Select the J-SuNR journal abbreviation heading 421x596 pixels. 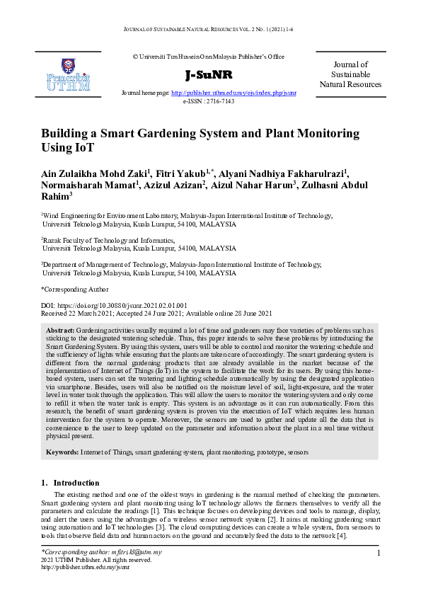point(209,76)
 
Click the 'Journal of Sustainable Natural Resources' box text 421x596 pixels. point(350,74)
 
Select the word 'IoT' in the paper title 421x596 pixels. point(83,149)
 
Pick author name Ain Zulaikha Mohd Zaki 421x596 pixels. point(93,175)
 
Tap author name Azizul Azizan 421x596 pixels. point(171,187)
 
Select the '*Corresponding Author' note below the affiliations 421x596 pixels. point(75,289)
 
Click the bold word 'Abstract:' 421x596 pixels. point(60,331)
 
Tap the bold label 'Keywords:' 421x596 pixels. point(62,451)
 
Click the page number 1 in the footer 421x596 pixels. point(379,553)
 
